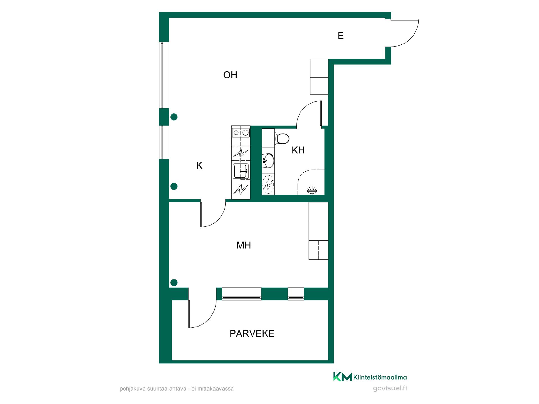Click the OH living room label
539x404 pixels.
[x=230, y=75]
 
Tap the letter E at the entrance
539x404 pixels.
[x=341, y=36]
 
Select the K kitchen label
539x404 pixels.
[x=199, y=166]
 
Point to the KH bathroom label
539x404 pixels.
[x=298, y=150]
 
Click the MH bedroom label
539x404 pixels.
[x=244, y=245]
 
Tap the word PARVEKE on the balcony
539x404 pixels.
[x=252, y=333]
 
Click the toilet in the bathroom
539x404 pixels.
[x=282, y=138]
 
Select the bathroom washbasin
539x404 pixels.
[x=268, y=160]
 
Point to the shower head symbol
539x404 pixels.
[x=312, y=190]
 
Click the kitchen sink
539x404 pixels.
[x=241, y=171]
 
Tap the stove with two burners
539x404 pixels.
[x=241, y=132]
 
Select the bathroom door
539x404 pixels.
[x=309, y=113]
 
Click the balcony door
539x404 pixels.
[x=202, y=313]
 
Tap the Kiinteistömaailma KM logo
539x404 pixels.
[x=370, y=377]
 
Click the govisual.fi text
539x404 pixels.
[x=390, y=389]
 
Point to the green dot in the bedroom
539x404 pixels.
[x=174, y=283]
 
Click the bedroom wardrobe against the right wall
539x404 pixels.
[x=318, y=231]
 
